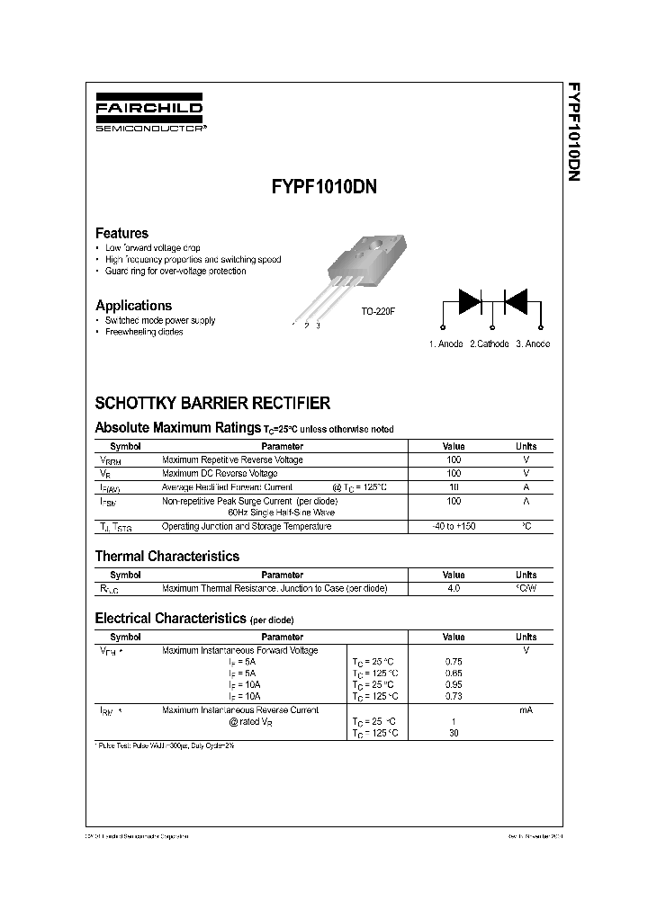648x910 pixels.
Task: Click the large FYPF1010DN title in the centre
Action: pyautogui.click(x=323, y=189)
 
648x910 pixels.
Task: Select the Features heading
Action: pyautogui.click(x=121, y=233)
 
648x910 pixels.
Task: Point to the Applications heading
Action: pyautogui.click(x=133, y=306)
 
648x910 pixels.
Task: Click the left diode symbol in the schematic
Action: pyautogui.click(x=470, y=300)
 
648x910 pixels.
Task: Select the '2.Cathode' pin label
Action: pyautogui.click(x=489, y=343)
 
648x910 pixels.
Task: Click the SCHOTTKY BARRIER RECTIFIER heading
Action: pyautogui.click(x=212, y=404)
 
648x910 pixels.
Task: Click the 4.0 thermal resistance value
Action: pyautogui.click(x=453, y=588)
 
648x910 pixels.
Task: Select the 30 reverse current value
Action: pyautogui.click(x=453, y=733)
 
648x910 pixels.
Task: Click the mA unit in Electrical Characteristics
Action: pyautogui.click(x=526, y=710)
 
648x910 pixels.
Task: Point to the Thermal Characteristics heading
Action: pyautogui.click(x=167, y=557)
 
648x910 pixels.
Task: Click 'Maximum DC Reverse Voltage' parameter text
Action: pyautogui.click(x=220, y=473)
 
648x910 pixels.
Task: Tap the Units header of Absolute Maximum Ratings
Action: pyautogui.click(x=526, y=446)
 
